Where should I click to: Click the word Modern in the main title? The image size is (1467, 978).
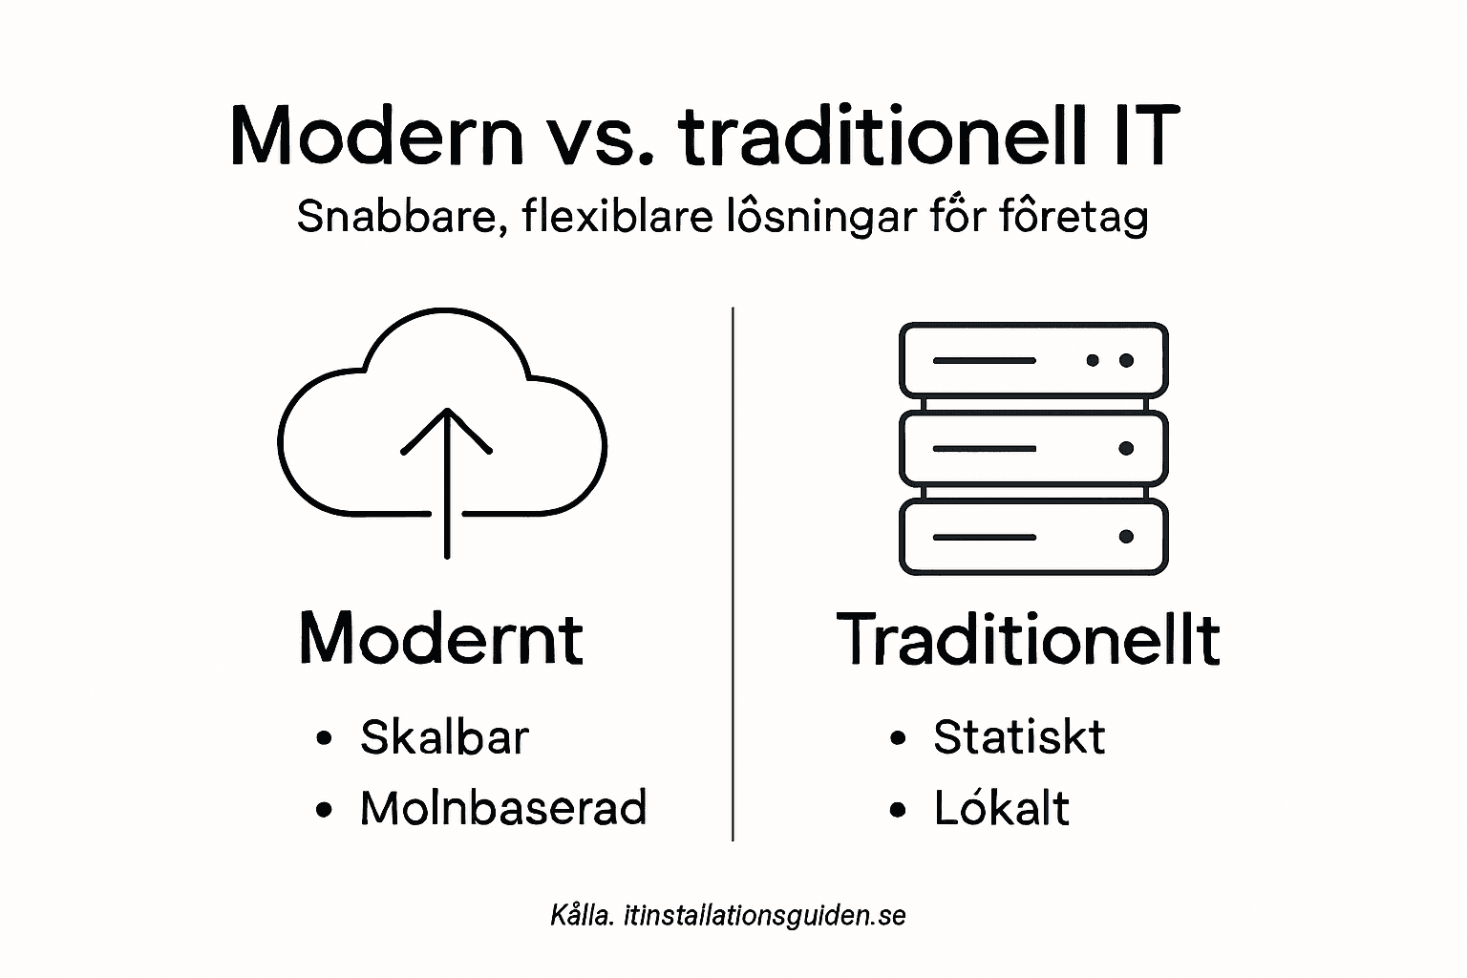377,136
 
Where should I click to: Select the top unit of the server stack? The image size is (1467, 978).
1033,360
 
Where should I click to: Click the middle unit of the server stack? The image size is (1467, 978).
1033,448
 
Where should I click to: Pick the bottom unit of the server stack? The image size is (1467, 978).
1033,537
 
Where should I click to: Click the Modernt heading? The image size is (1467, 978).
441,638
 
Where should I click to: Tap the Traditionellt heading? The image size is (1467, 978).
1029,638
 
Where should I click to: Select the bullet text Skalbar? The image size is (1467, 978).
444,737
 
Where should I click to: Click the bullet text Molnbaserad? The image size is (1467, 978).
503,808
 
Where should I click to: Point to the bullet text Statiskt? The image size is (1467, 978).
1019,737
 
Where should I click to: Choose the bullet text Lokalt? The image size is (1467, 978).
1002,808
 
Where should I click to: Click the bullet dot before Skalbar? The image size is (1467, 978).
325,739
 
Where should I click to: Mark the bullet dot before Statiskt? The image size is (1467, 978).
897,739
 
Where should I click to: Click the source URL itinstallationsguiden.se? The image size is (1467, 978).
764,916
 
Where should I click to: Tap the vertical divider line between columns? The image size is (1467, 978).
733,573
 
